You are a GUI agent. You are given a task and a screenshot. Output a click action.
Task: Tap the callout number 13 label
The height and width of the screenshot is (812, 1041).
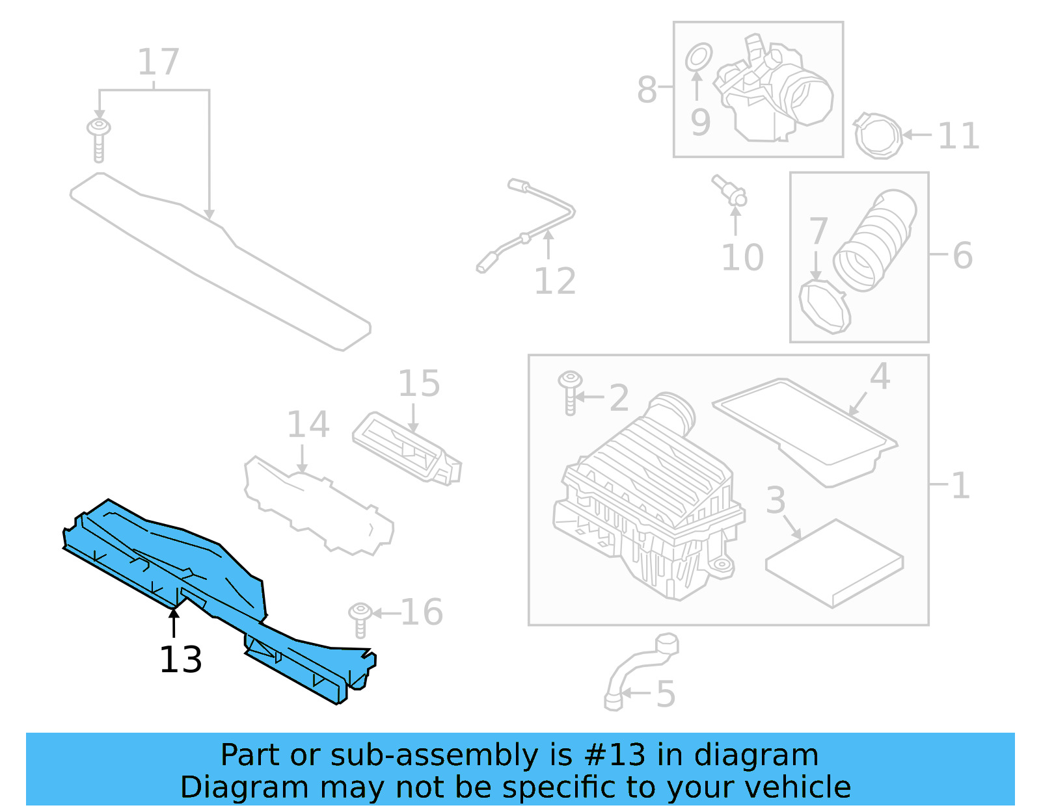point(181,660)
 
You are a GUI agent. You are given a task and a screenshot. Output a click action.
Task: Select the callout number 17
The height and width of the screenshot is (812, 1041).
point(158,62)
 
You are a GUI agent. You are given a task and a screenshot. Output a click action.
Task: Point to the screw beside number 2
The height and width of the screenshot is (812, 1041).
point(570,392)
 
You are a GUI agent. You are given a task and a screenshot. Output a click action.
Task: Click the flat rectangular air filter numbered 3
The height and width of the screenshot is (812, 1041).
point(835,562)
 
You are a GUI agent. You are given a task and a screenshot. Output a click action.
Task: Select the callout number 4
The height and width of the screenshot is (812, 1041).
point(880,377)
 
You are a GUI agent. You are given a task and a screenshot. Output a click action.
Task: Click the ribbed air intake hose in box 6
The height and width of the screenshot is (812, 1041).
point(875,241)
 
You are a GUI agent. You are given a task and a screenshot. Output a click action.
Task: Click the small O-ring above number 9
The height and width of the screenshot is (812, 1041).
point(698,57)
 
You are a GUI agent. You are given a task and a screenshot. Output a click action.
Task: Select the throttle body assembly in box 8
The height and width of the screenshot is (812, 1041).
point(774,91)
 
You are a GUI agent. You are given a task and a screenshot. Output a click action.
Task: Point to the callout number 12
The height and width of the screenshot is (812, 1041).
point(555,282)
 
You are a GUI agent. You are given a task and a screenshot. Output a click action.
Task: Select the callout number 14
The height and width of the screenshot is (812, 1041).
point(308,425)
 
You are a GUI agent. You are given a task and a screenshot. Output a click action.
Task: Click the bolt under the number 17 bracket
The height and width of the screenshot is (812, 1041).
point(99,138)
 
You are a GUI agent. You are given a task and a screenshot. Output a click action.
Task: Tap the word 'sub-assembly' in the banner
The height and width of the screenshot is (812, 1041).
point(435,755)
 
